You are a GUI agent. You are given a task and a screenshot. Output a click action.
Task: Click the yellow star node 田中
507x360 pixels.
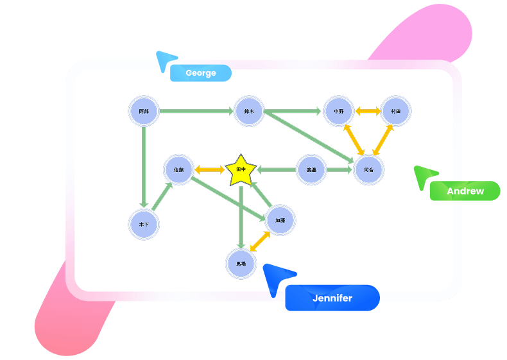241,170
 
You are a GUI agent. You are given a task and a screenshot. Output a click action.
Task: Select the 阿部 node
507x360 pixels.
144,111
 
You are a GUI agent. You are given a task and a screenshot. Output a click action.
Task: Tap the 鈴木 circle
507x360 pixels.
249,111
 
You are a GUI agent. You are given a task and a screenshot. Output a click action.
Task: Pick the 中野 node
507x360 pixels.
339,111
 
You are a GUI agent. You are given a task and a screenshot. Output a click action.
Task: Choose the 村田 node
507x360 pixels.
396,111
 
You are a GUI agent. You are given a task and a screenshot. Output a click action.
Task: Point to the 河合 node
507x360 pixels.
369,170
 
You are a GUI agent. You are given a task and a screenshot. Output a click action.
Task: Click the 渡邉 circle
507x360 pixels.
311,170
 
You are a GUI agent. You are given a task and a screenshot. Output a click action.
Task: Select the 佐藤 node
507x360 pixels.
179,170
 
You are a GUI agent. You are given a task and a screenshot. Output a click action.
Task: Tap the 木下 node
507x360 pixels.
144,225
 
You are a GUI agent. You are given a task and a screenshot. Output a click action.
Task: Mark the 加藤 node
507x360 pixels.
280,220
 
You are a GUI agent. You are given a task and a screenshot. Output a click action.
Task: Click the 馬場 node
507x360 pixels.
241,264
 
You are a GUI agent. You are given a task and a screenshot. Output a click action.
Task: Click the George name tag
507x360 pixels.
200,73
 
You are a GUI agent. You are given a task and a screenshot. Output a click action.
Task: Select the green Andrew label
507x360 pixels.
465,191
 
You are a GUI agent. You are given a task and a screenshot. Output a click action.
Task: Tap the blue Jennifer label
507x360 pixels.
332,298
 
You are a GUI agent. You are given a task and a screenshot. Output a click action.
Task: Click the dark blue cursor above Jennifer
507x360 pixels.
277,277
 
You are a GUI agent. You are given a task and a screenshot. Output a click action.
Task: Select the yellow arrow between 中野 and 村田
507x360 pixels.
368,111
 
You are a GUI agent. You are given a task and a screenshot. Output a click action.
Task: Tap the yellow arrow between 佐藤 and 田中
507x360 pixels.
209,170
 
